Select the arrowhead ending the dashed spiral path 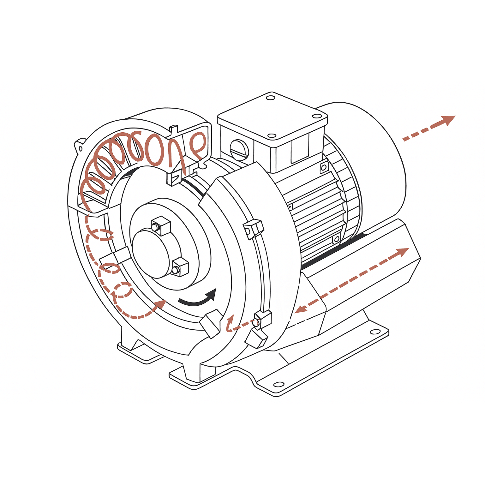pos(160,304)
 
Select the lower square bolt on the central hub pos(180,267)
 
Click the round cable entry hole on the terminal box pos(239,148)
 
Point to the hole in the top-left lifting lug pos(80,148)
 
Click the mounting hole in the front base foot pos(278,384)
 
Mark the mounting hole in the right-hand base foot pos(375,332)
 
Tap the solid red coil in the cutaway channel pos(133,158)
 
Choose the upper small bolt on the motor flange pos(323,167)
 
